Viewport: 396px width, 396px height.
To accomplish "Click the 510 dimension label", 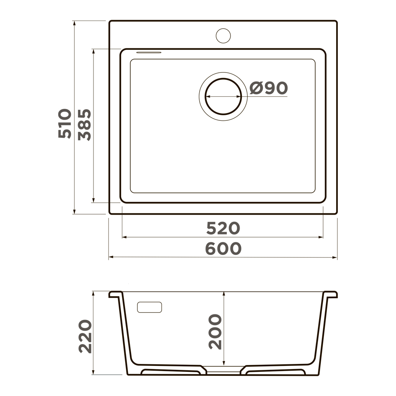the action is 65,124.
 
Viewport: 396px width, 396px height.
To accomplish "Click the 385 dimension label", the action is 84,125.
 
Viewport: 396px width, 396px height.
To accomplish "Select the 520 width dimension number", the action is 223,228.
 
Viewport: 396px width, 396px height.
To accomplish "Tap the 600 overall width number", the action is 223,248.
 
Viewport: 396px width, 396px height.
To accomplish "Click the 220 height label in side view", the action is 85,336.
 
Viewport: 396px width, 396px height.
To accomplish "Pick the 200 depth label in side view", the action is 215,331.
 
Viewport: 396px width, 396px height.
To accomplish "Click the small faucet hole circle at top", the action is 223,36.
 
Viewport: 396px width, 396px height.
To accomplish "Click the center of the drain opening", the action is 223,96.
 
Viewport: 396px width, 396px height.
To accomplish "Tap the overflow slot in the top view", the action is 149,52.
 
